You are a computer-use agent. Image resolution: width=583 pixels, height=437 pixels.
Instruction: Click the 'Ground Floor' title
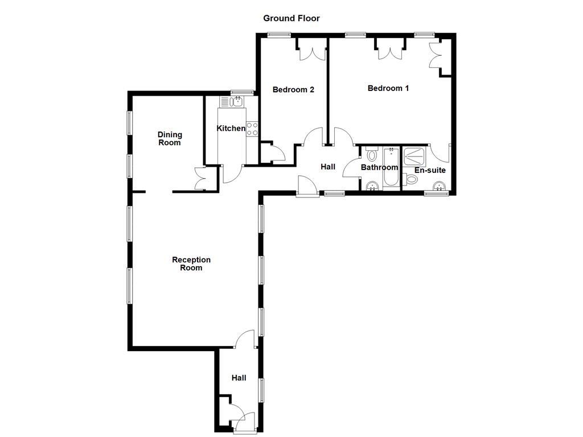click(x=291, y=18)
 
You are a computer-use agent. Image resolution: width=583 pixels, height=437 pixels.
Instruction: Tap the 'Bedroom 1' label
click(x=388, y=88)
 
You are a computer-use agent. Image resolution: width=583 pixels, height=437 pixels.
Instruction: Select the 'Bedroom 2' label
click(x=293, y=89)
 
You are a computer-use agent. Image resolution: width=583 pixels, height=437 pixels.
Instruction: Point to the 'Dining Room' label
click(x=170, y=138)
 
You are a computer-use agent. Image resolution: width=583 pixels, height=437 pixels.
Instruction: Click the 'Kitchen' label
click(x=231, y=129)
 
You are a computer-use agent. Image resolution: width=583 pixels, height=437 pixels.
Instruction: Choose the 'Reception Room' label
click(x=191, y=263)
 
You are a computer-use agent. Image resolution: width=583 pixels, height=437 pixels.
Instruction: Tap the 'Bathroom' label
click(x=379, y=167)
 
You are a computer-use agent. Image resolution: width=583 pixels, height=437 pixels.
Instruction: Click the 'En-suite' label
click(x=430, y=170)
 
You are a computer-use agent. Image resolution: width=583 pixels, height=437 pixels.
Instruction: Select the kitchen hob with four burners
click(x=252, y=129)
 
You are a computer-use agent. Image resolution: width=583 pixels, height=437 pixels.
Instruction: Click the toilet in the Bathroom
click(x=372, y=154)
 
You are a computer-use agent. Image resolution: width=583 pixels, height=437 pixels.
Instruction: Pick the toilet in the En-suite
click(x=411, y=179)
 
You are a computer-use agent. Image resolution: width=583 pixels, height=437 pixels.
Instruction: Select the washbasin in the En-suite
click(x=440, y=185)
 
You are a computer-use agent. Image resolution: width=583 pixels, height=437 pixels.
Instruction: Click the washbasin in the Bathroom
click(x=372, y=185)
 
